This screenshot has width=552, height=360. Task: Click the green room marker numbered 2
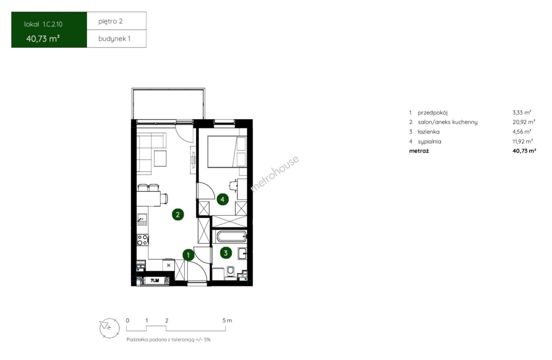point(178,215)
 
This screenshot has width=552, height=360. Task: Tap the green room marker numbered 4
point(223,199)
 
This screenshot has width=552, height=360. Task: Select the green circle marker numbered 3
point(226,253)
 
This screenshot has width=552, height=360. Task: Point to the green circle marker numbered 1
point(188,255)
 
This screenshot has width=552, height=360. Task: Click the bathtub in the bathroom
point(231,237)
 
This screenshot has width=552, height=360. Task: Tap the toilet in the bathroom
point(230,273)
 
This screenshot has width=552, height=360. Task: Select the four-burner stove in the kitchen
point(143,240)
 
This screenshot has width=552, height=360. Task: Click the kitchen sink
point(142,219)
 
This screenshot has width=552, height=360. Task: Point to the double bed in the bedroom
point(227,152)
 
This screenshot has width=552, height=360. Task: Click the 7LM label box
point(155,280)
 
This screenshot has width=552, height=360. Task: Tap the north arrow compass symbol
point(109,328)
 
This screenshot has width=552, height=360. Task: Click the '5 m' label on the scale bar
point(227,321)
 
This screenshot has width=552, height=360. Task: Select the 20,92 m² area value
point(524,122)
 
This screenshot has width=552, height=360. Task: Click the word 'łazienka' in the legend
point(429,132)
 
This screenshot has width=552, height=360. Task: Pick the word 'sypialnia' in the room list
point(430,142)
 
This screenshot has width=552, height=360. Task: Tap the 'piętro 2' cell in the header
point(110,21)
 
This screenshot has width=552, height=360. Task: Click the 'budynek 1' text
point(114,39)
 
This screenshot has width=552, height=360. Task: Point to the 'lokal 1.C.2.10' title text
point(43,24)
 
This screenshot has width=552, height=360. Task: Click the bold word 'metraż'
point(419,151)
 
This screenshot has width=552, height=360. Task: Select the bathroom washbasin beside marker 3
point(242,254)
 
